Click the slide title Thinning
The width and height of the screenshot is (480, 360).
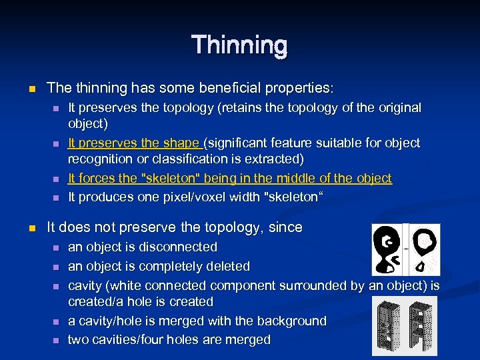point(239,45)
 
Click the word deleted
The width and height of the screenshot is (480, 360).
point(227,267)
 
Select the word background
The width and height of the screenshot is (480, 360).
point(290,321)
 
